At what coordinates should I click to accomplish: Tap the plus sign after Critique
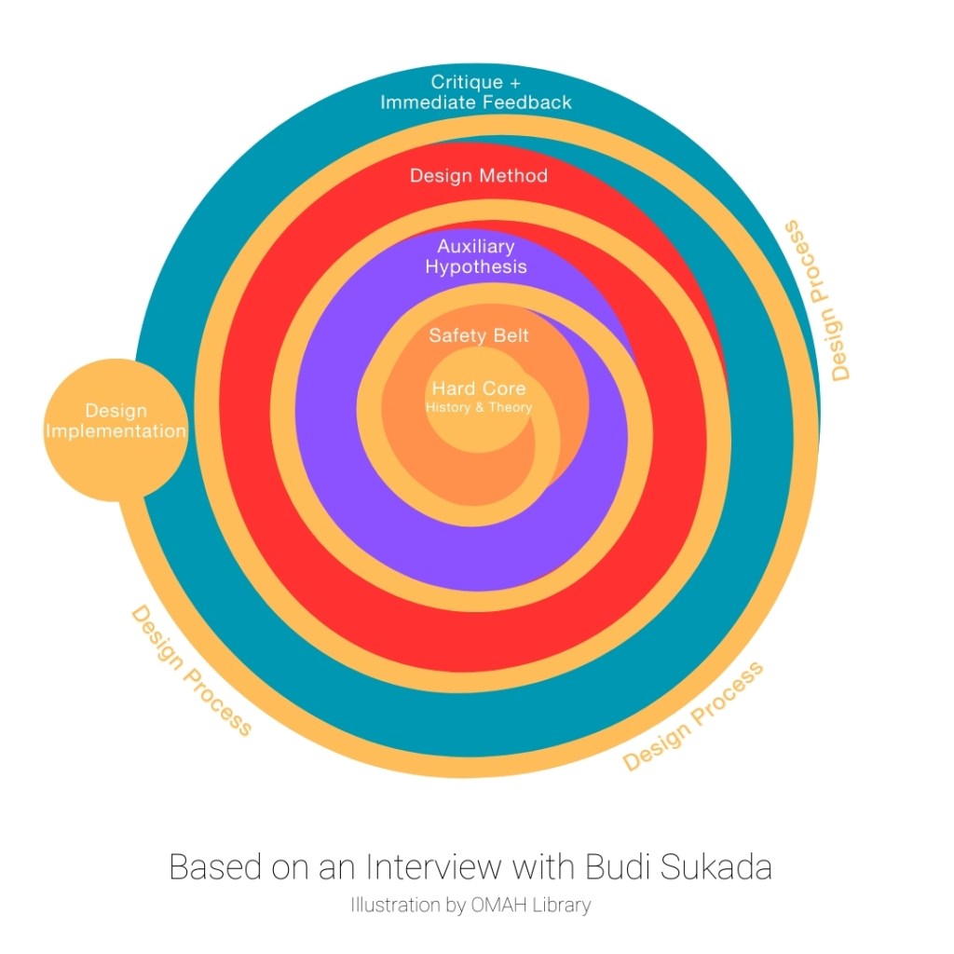pos(515,82)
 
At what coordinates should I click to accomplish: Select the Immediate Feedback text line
pos(476,102)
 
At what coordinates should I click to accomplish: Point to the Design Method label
pos(479,175)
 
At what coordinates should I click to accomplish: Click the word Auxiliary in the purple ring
pos(476,247)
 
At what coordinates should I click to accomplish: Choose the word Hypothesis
pos(476,266)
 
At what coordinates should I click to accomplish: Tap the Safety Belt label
pos(479,335)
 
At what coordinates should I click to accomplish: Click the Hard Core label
pos(479,388)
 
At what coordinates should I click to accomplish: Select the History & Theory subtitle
pos(479,407)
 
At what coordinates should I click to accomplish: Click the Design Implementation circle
pos(116,429)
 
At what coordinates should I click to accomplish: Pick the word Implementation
pos(116,431)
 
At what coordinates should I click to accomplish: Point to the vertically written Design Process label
pos(817,300)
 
